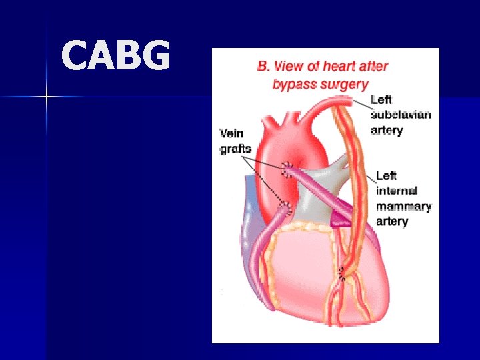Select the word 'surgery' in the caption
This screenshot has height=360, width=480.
pos(345,85)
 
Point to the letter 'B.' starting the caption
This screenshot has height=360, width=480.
pos(264,67)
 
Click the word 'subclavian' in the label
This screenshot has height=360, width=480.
pos(401,115)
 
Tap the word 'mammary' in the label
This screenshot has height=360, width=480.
pos(403,206)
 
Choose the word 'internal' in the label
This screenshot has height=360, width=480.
pos(397,191)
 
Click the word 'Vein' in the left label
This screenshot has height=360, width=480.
pos(233,133)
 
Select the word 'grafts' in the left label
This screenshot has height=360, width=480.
pos(235,148)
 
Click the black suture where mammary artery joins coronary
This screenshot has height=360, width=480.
pos(343,273)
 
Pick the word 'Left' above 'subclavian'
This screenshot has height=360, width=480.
pos(381,100)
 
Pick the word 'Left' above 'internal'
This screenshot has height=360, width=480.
pos(387,176)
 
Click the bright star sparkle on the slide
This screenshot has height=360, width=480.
pos(46,97)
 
